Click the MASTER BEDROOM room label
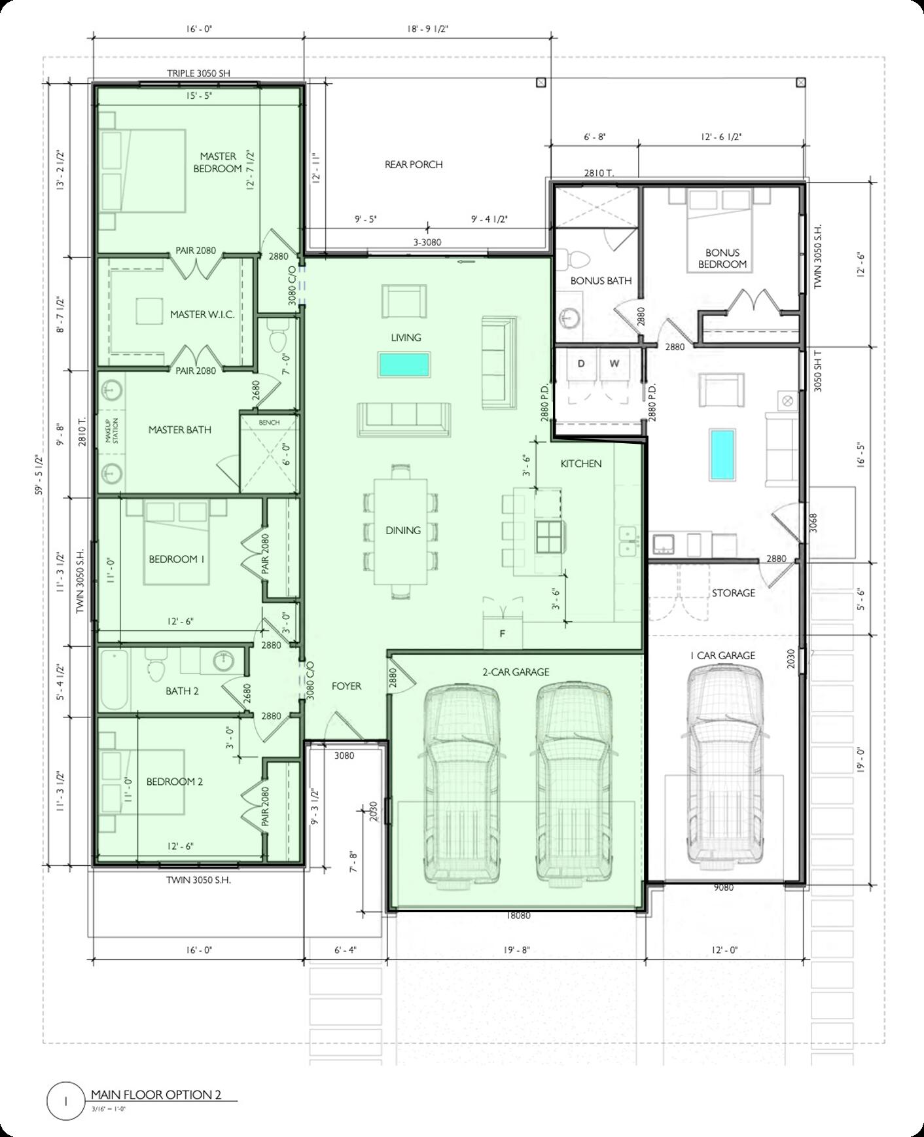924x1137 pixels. pos(218,162)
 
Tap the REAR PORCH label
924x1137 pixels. pos(414,164)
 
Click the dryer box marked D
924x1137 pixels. pos(581,364)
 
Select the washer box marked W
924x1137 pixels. pos(614,364)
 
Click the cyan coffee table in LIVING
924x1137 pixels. pos(404,364)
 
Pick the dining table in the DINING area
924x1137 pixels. pos(402,532)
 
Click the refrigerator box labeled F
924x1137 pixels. pos(503,633)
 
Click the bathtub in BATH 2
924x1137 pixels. pos(115,679)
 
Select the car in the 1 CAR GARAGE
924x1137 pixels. pos(725,766)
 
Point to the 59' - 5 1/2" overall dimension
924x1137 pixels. pos(39,475)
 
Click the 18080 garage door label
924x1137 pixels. pos(518,916)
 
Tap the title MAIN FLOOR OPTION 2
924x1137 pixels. pos(156,1094)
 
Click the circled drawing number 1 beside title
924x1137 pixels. pos(66,1101)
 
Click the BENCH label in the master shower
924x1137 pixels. pos(269,423)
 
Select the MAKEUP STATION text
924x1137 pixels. pos(113,431)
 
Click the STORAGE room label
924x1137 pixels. pos(733,592)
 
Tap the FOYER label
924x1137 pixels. pos(346,686)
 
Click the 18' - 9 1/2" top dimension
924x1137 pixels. pos(427,29)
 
